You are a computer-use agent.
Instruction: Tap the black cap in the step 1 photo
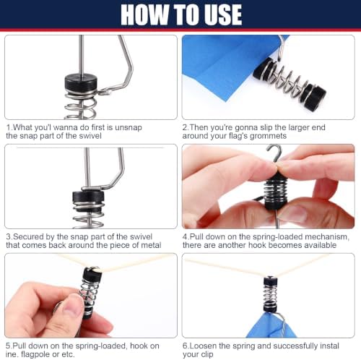pos(81,83)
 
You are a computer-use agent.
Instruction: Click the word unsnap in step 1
pos(129,127)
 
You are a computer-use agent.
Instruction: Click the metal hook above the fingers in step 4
pos(276,153)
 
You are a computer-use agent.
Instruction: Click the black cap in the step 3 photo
pos(89,197)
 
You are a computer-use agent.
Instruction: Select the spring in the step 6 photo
pos(270,296)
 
